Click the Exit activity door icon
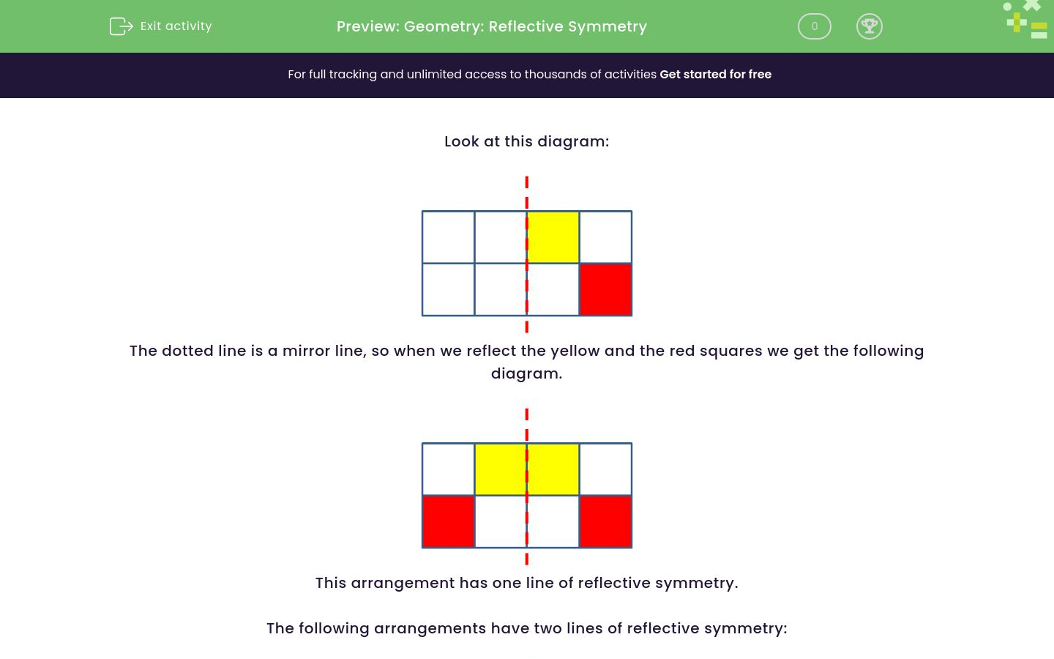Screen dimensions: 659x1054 (121, 26)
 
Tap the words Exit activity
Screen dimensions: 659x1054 (176, 26)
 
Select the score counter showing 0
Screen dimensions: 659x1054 (814, 26)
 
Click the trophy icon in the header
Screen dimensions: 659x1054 (869, 26)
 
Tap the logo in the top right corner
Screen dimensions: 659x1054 (1026, 20)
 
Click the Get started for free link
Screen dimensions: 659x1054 (715, 75)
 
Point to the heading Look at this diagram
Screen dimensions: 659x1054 (526, 141)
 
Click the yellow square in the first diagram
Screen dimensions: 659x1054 (553, 237)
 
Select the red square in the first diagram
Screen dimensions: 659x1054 (605, 290)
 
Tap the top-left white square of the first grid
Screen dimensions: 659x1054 (448, 237)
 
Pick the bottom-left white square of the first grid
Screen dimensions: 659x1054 (448, 290)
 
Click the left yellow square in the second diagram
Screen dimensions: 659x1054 (501, 469)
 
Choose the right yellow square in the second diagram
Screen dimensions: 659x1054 (553, 469)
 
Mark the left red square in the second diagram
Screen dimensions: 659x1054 (448, 522)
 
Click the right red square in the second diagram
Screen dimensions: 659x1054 (605, 522)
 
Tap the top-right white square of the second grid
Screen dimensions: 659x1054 (605, 469)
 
